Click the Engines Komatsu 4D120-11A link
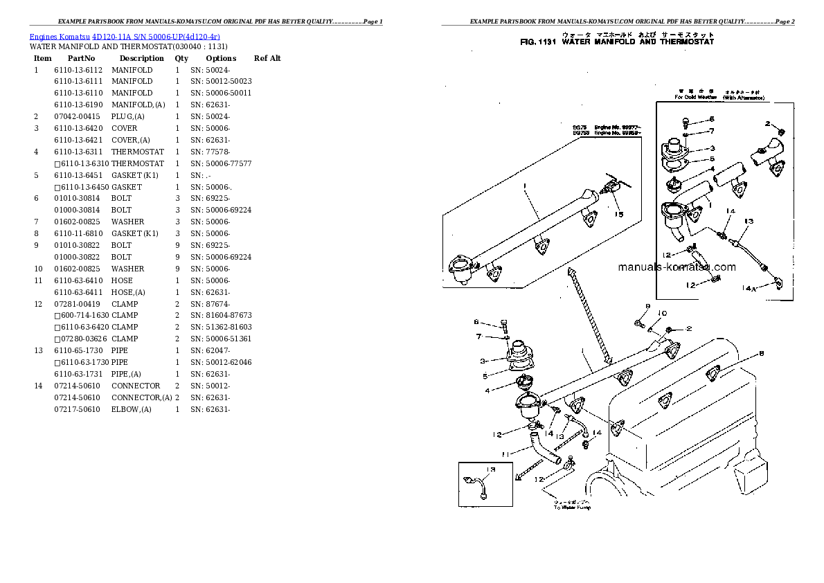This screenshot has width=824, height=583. (125, 36)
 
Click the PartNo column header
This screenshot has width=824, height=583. (81, 58)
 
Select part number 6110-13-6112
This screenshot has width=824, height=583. (78, 70)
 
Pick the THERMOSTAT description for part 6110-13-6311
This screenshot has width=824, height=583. (138, 152)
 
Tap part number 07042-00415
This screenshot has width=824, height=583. (78, 116)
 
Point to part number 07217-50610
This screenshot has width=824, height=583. (78, 409)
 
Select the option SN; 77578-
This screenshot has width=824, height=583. (211, 152)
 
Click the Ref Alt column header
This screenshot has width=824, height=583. (267, 58)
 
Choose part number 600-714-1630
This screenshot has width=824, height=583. (81, 315)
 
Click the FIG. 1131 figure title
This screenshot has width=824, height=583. (617, 42)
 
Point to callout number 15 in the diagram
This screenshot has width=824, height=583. (619, 214)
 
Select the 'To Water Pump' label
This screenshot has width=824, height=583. (572, 508)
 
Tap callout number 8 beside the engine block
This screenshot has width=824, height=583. (761, 354)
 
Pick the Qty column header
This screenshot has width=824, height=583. (181, 58)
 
